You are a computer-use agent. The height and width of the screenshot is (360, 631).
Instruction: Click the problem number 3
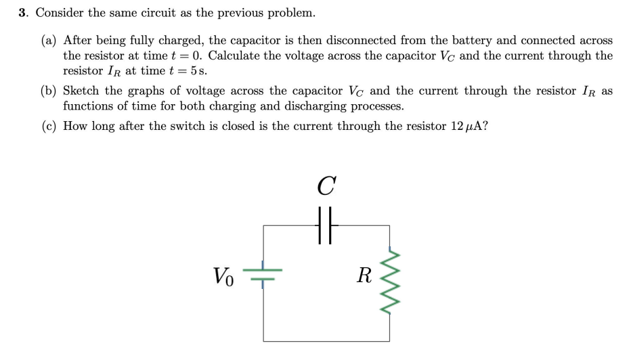pyautogui.click(x=22, y=13)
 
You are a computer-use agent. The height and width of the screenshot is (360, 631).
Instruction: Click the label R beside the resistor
pyautogui.click(x=364, y=275)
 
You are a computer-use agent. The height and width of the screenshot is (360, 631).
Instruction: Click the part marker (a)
pyautogui.click(x=48, y=41)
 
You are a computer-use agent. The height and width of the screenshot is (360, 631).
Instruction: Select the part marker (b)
pyautogui.click(x=49, y=91)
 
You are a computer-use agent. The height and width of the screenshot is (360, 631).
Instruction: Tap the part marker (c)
pyautogui.click(x=48, y=126)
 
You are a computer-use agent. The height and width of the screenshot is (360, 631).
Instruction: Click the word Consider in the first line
pyautogui.click(x=58, y=13)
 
